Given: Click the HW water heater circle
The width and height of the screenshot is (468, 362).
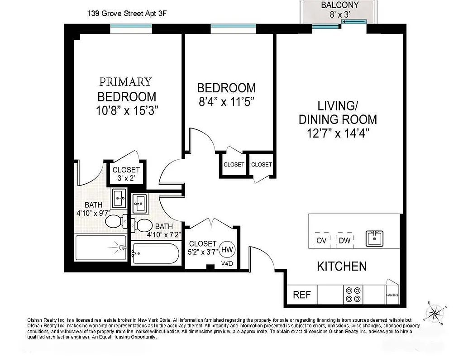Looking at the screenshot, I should click(228, 249).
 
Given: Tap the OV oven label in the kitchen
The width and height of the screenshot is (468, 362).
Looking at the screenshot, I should click(321, 240).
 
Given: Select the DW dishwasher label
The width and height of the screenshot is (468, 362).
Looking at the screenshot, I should click(344, 240).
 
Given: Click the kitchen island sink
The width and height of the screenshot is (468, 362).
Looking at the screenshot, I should click(375, 238).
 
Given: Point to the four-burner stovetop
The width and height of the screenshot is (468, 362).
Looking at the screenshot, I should click(353, 295).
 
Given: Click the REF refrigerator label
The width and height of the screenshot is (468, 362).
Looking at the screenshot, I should click(302, 295).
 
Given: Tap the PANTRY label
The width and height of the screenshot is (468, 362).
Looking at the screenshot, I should click(392, 295).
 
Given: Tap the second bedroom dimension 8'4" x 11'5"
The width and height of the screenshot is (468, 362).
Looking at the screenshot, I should click(226, 102).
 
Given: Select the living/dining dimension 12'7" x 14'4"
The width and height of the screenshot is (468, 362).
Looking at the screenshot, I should click(338, 133).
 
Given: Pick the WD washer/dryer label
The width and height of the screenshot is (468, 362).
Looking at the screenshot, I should click(227, 263).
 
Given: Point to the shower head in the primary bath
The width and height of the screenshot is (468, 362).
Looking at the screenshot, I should click(120, 247).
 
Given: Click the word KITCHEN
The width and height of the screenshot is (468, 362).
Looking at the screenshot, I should click(342, 266).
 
